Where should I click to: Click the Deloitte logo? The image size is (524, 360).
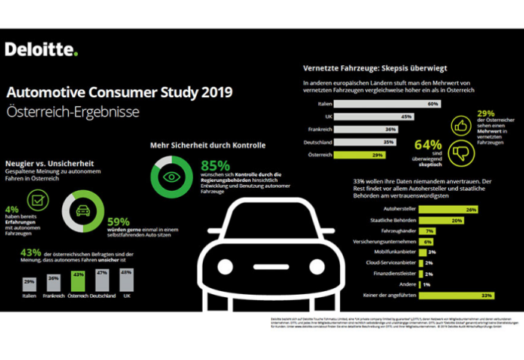[41, 50]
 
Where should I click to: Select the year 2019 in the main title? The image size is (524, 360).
[212, 92]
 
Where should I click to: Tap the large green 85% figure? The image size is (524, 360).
[216, 165]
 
